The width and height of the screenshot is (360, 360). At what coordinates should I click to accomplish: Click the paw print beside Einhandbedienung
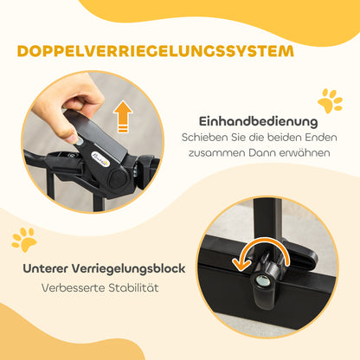pos(329,101)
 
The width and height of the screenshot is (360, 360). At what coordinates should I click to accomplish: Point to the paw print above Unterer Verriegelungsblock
pos(25,239)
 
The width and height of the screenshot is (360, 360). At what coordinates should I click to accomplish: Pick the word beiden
pos(277,137)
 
